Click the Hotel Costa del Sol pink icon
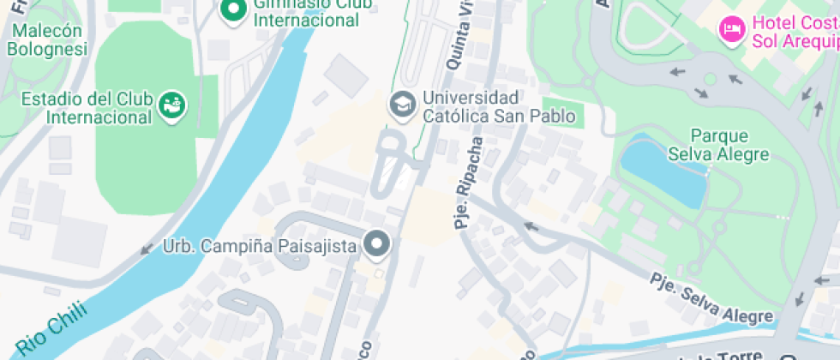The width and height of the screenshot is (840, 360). (731, 29)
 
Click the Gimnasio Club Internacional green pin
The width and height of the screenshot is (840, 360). (232, 10)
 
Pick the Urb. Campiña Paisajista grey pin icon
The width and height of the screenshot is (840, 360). (376, 245)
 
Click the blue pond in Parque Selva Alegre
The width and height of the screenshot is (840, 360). (663, 171)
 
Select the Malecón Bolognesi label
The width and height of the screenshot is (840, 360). (47, 39)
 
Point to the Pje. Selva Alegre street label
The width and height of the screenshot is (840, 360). (711, 298)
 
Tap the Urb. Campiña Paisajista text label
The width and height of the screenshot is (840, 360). (259, 247)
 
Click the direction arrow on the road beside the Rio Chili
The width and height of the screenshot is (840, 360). (146, 249)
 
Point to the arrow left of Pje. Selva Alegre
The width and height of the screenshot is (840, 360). (531, 227)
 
